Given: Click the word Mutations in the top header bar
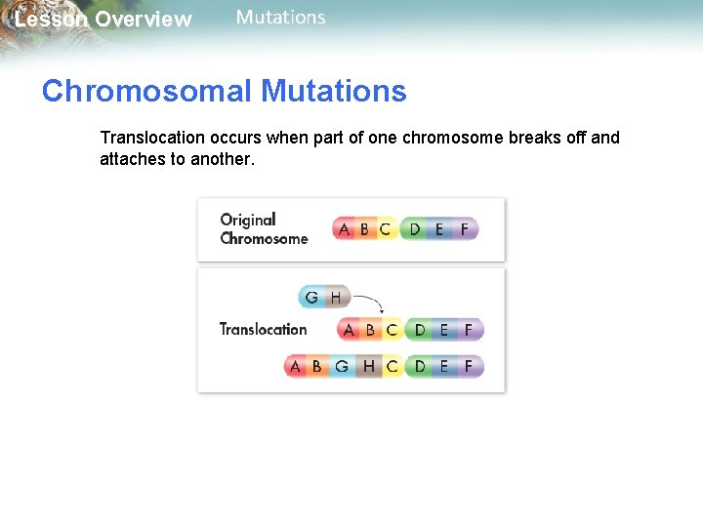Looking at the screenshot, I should [x=281, y=18].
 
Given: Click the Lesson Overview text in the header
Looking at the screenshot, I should [x=103, y=20].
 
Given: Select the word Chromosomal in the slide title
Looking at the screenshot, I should [x=146, y=92].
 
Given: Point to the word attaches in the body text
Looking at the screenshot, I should [x=132, y=159].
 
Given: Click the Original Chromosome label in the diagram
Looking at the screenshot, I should [x=263, y=229].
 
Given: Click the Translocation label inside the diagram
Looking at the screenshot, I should [x=263, y=330].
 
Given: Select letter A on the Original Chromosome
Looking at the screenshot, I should [x=344, y=229].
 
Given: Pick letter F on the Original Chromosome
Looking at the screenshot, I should [x=464, y=229].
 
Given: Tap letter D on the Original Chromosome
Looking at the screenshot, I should [x=415, y=229].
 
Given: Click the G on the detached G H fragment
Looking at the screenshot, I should [x=311, y=297].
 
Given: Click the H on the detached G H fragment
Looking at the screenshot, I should [x=336, y=297].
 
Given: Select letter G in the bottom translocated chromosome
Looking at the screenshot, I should [x=342, y=367].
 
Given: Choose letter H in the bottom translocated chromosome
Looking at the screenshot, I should [x=368, y=367].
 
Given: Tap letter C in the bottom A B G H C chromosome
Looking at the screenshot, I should [x=392, y=367].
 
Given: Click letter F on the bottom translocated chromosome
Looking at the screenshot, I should [x=469, y=367].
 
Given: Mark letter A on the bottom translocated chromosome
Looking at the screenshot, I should [x=295, y=367].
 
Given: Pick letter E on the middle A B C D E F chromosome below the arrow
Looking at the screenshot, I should [x=444, y=330].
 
